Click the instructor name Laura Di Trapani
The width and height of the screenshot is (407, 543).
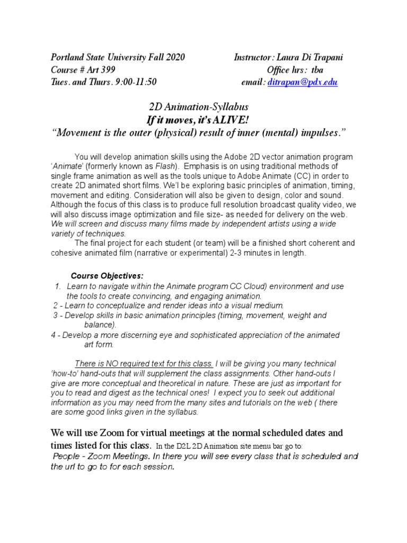coord(310,58)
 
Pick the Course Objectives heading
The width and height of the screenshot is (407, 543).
coord(107,276)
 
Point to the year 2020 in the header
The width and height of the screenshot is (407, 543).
coord(174,58)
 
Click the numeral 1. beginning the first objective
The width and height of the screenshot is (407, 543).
coord(58,286)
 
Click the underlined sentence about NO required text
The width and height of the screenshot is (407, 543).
coord(144,363)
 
